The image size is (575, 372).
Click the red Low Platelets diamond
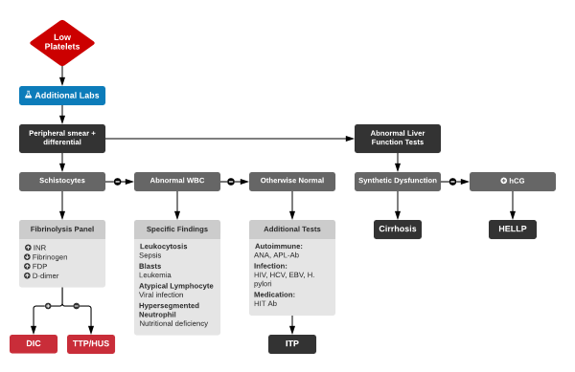(x=62, y=43)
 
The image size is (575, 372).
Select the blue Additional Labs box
(x=62, y=96)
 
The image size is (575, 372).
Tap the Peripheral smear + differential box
(x=62, y=138)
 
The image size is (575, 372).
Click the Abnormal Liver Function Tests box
(x=398, y=138)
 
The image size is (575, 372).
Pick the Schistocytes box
(x=62, y=181)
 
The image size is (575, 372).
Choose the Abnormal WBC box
(x=177, y=181)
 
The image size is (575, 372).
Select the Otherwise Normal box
(x=292, y=181)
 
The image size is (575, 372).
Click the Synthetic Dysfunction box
(x=398, y=181)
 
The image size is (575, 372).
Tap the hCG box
(x=513, y=181)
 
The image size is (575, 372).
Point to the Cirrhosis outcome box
(x=398, y=230)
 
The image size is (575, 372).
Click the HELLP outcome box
(x=513, y=230)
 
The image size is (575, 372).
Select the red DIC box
(x=34, y=344)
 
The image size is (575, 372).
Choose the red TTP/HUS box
(x=91, y=344)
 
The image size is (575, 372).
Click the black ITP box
(x=292, y=344)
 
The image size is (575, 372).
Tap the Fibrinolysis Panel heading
(x=62, y=230)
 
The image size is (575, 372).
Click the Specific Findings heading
(x=177, y=230)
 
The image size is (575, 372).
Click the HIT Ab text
(x=267, y=304)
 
